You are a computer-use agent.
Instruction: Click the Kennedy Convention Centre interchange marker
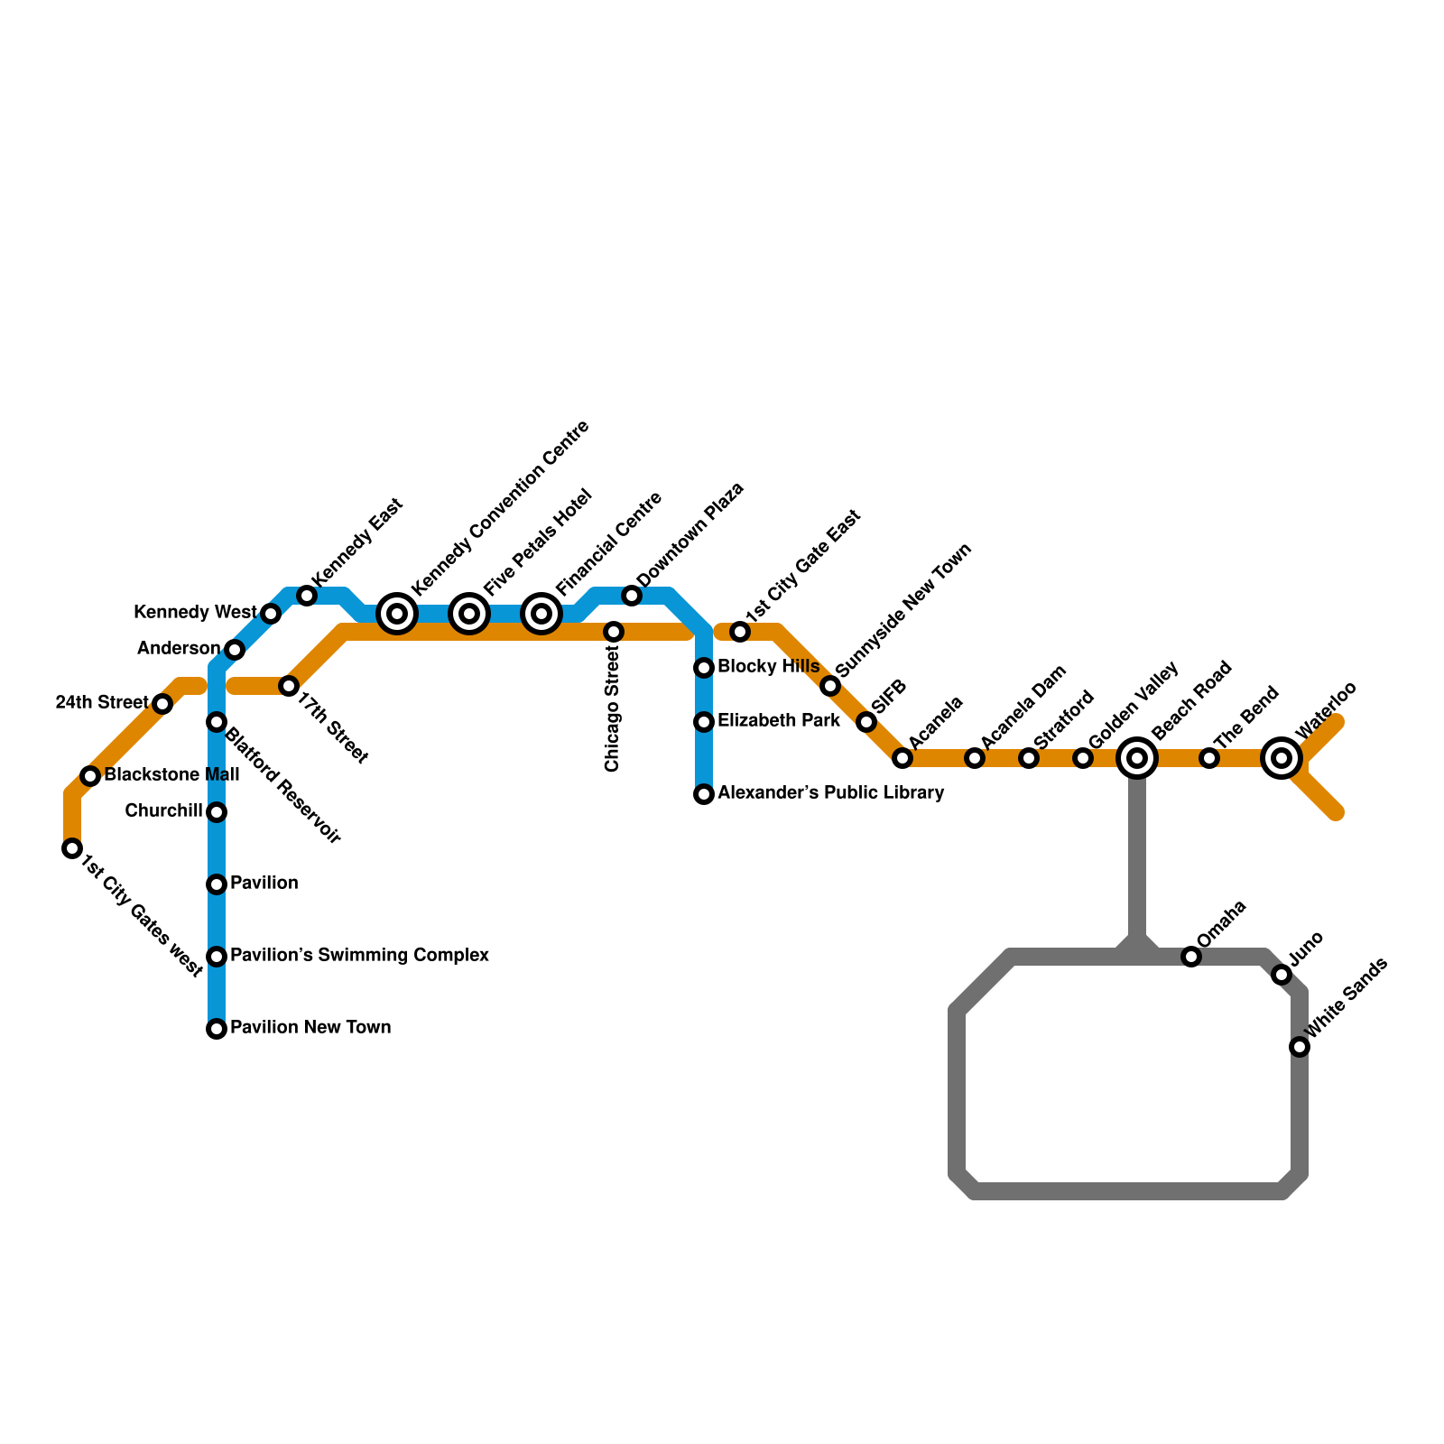point(397,614)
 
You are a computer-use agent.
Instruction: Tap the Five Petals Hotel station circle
point(469,614)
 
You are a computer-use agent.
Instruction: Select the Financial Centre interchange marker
point(541,614)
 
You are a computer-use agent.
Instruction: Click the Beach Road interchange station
point(1137,758)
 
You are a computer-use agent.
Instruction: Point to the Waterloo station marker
point(1282,758)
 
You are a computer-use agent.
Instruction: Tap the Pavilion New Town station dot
point(217,1029)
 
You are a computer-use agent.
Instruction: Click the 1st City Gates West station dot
point(72,848)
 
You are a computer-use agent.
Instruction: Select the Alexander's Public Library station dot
point(704,794)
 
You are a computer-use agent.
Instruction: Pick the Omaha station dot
point(1191,957)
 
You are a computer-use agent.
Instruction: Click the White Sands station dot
point(1300,1047)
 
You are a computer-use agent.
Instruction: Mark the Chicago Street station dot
point(614,632)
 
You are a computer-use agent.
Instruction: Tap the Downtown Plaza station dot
point(632,596)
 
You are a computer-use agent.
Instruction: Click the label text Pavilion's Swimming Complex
point(359,956)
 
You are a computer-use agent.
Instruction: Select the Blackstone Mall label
point(171,775)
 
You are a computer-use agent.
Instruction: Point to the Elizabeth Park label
point(778,721)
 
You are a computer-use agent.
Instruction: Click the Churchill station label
point(163,811)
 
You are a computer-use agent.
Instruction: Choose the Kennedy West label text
point(195,613)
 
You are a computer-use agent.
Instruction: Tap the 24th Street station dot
point(162,704)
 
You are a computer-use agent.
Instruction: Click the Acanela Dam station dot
point(975,758)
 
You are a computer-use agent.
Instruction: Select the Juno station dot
point(1282,975)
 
